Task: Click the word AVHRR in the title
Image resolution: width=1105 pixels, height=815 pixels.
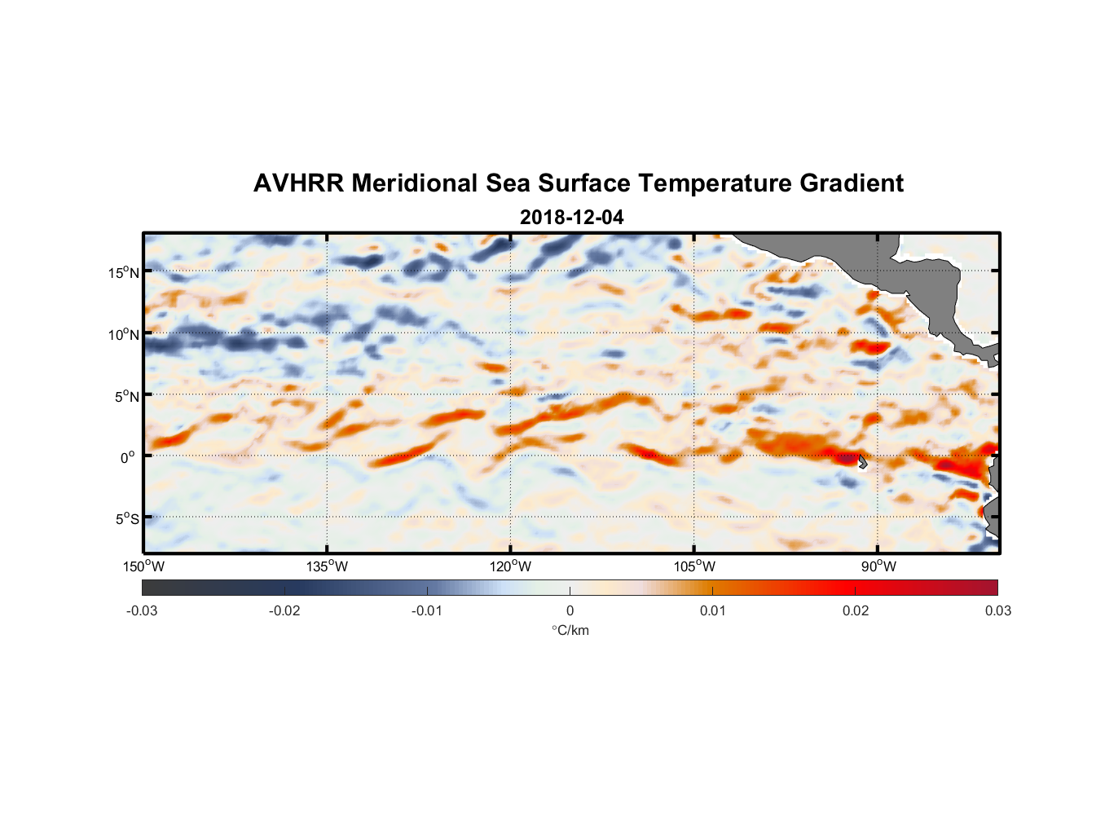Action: coord(298,183)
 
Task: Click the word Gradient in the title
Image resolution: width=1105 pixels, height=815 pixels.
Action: coord(851,183)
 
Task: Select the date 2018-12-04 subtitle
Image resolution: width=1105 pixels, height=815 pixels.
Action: coord(571,218)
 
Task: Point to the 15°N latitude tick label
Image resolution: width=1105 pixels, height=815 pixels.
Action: coord(124,272)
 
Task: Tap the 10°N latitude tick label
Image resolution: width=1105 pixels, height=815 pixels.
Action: coord(124,334)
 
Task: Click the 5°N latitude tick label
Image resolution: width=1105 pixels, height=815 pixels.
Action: coord(127,396)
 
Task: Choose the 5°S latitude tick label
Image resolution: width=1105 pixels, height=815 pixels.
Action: coord(127,519)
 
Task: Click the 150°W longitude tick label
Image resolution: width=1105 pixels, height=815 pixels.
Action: coord(143,566)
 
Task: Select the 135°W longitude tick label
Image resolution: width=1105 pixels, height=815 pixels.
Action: coord(328,566)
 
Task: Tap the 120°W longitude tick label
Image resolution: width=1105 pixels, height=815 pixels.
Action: coord(511,566)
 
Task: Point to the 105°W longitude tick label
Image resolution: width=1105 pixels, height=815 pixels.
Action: coord(694,566)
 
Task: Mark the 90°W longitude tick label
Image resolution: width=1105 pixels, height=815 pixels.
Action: coord(878,566)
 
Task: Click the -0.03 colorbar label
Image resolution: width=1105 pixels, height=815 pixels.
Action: coord(142,611)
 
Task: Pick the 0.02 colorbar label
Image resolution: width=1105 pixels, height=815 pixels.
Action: coord(855,611)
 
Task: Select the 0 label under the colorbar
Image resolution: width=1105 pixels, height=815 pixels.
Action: coord(570,611)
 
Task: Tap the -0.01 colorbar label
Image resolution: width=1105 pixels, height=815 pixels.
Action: coord(427,611)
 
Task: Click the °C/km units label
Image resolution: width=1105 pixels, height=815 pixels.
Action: coord(570,630)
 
